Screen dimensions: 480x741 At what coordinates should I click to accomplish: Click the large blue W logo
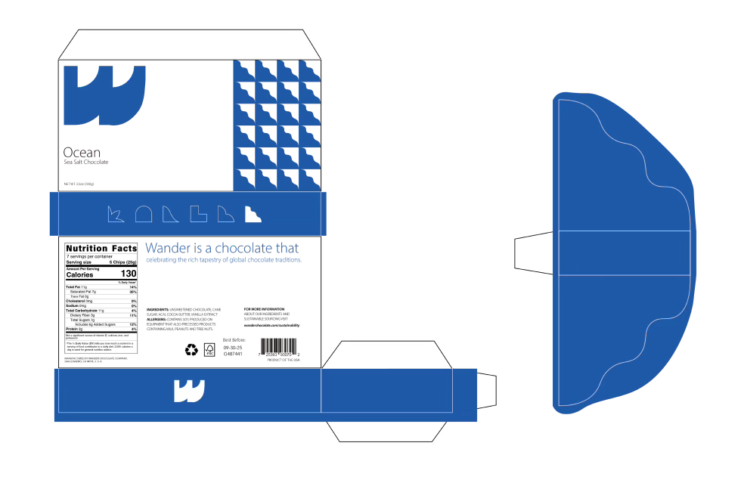(104, 96)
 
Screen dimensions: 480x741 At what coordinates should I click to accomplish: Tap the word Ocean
(82, 153)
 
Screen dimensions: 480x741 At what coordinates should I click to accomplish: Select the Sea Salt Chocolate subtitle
(86, 163)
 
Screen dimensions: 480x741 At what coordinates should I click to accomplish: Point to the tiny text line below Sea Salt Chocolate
(79, 183)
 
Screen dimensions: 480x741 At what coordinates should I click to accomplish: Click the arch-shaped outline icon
(144, 215)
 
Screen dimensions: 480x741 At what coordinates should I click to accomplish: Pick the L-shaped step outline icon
(198, 214)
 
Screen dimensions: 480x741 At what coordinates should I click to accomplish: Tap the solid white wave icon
(253, 215)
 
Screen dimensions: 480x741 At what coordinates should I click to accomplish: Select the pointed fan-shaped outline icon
(116, 215)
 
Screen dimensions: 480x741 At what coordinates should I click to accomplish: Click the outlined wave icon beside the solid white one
(225, 215)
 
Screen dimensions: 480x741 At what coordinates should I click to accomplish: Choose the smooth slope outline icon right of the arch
(171, 215)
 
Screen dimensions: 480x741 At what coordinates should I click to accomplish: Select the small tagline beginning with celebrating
(224, 260)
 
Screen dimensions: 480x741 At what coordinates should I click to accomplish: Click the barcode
(279, 346)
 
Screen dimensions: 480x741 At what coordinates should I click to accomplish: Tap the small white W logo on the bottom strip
(189, 391)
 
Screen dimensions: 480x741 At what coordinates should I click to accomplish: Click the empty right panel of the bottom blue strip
(386, 391)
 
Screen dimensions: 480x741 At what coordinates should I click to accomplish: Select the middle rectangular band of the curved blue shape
(624, 253)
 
